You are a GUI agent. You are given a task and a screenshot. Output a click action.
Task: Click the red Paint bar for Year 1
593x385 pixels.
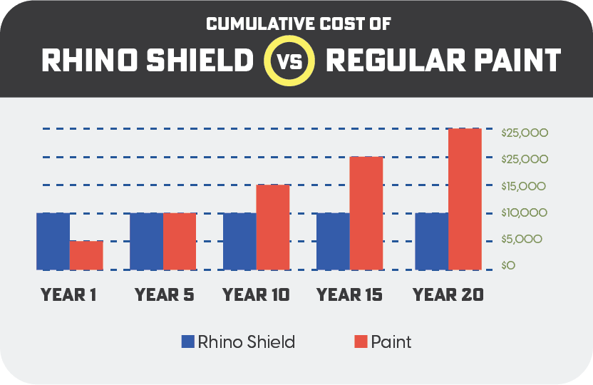pyautogui.click(x=86, y=255)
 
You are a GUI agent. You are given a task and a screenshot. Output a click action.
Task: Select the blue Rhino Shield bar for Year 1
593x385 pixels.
pyautogui.click(x=53, y=241)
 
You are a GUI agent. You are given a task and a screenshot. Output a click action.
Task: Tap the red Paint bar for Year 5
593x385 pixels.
pyautogui.click(x=180, y=241)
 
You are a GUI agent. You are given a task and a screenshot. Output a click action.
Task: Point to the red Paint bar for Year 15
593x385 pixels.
pyautogui.click(x=366, y=213)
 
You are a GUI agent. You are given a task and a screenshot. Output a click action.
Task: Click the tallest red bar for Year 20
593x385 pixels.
pyautogui.click(x=465, y=199)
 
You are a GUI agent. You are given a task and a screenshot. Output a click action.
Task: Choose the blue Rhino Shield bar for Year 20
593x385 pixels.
pyautogui.click(x=431, y=241)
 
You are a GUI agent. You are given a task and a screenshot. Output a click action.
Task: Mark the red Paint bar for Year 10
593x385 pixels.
pyautogui.click(x=272, y=227)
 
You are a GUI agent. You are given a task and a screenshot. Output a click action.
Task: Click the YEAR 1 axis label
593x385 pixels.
pyautogui.click(x=69, y=294)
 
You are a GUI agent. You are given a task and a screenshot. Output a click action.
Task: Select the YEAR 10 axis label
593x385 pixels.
pyautogui.click(x=257, y=294)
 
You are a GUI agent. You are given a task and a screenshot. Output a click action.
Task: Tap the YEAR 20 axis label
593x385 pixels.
pyautogui.click(x=448, y=294)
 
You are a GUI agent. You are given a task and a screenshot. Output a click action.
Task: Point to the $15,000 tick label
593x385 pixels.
pyautogui.click(x=523, y=186)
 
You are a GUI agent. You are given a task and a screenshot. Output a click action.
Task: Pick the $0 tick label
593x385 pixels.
pyautogui.click(x=508, y=266)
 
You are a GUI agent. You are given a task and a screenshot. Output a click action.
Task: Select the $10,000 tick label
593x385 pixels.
pyautogui.click(x=523, y=212)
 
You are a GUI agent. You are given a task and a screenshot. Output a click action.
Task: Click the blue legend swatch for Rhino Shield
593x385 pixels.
pyautogui.click(x=188, y=342)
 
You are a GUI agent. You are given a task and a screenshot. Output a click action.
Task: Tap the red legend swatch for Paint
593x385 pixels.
pyautogui.click(x=361, y=342)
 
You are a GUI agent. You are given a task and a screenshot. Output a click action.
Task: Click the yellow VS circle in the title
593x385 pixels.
pyautogui.click(x=290, y=61)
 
